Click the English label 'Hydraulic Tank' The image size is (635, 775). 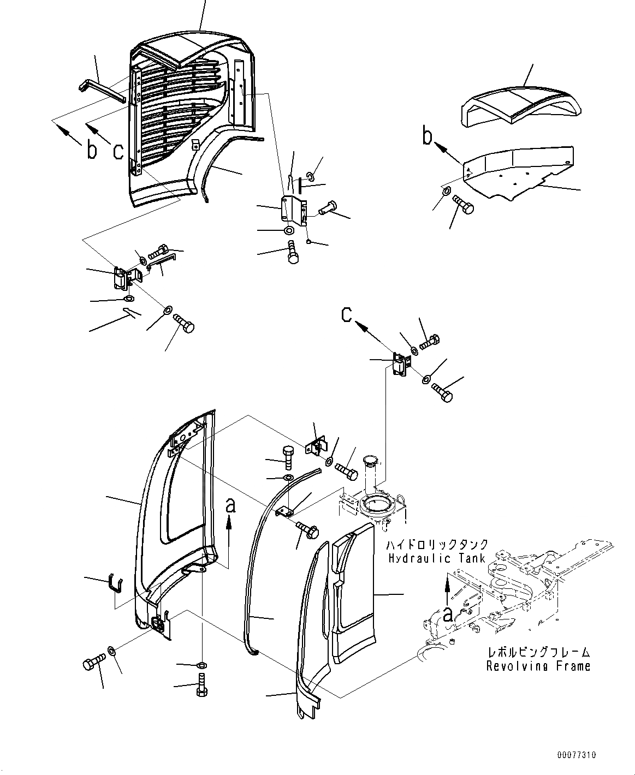[x=436, y=558]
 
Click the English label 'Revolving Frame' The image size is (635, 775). [x=538, y=666]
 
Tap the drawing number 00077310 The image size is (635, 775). [x=577, y=755]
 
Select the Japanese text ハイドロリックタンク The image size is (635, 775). [x=437, y=545]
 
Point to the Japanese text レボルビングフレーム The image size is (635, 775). [x=538, y=652]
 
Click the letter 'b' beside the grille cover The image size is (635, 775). [x=91, y=150]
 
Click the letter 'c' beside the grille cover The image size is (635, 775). [x=117, y=150]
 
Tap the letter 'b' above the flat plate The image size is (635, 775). [x=428, y=137]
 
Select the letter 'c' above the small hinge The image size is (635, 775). [x=347, y=315]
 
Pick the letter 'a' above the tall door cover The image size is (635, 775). [x=230, y=506]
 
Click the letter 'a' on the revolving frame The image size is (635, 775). [x=447, y=615]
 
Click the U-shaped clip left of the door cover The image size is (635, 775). [x=115, y=582]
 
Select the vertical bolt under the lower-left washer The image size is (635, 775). [x=201, y=685]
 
